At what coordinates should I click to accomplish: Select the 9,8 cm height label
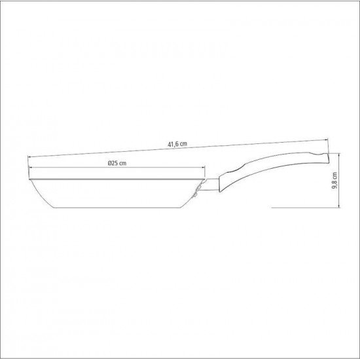pos(334,180)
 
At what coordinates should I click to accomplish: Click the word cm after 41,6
pos(184,146)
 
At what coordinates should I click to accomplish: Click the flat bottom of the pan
pos(111,204)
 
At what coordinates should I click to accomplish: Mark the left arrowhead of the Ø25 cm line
pos(30,168)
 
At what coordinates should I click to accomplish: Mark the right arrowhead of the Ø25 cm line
pos(204,168)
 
